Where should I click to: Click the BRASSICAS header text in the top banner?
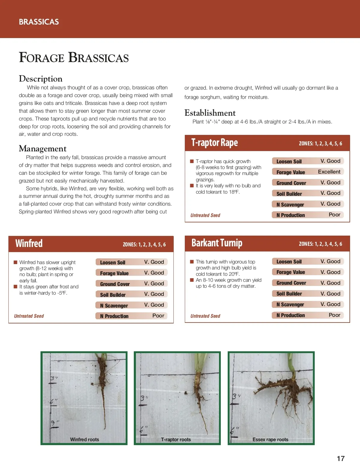(39, 22)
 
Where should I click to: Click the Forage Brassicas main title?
(74, 57)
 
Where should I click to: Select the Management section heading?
(43, 149)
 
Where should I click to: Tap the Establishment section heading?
(210, 113)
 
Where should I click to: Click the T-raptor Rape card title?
(214, 143)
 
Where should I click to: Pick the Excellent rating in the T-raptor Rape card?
(329, 172)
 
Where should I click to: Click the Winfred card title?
(29, 243)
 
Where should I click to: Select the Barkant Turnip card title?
(217, 243)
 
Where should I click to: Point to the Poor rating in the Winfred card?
(158, 316)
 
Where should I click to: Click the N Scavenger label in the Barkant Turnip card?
(290, 305)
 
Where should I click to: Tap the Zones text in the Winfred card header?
(144, 245)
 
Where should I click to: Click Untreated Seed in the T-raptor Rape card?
(205, 215)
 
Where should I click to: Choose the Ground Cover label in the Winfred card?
(115, 284)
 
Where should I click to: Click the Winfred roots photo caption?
(84, 439)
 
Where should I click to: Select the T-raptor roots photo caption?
(176, 439)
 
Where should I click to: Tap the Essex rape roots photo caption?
(270, 439)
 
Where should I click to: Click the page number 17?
(340, 459)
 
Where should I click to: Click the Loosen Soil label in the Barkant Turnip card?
(289, 262)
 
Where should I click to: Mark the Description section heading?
(41, 79)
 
